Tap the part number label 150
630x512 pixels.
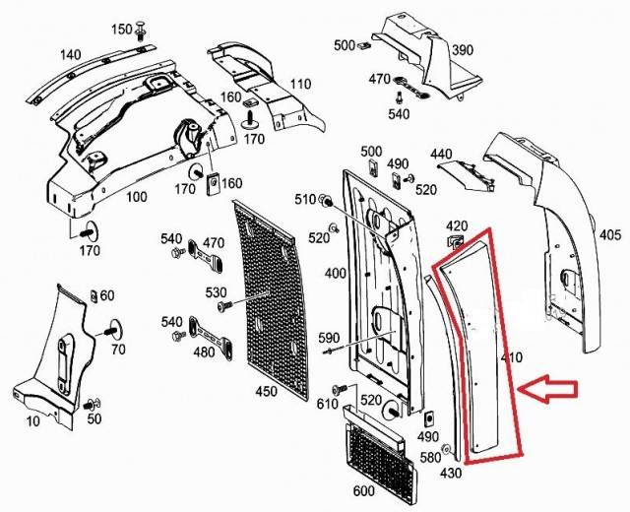click(122, 30)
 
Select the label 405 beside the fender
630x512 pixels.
click(610, 234)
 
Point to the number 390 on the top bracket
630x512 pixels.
click(463, 50)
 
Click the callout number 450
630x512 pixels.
click(267, 391)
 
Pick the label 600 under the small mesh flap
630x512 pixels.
click(363, 490)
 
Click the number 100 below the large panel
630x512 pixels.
click(137, 197)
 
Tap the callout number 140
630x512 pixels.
click(70, 54)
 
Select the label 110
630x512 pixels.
click(300, 84)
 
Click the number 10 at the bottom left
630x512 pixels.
click(32, 420)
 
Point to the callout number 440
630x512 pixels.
click(441, 154)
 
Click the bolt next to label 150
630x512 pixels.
click(141, 31)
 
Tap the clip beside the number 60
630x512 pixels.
click(94, 296)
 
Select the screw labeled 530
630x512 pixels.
click(222, 306)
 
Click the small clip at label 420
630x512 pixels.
click(455, 241)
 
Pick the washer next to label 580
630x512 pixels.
click(446, 449)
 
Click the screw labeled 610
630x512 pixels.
click(338, 390)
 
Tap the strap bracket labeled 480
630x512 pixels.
click(211, 338)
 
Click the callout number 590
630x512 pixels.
click(328, 337)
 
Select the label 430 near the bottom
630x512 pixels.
click(451, 473)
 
